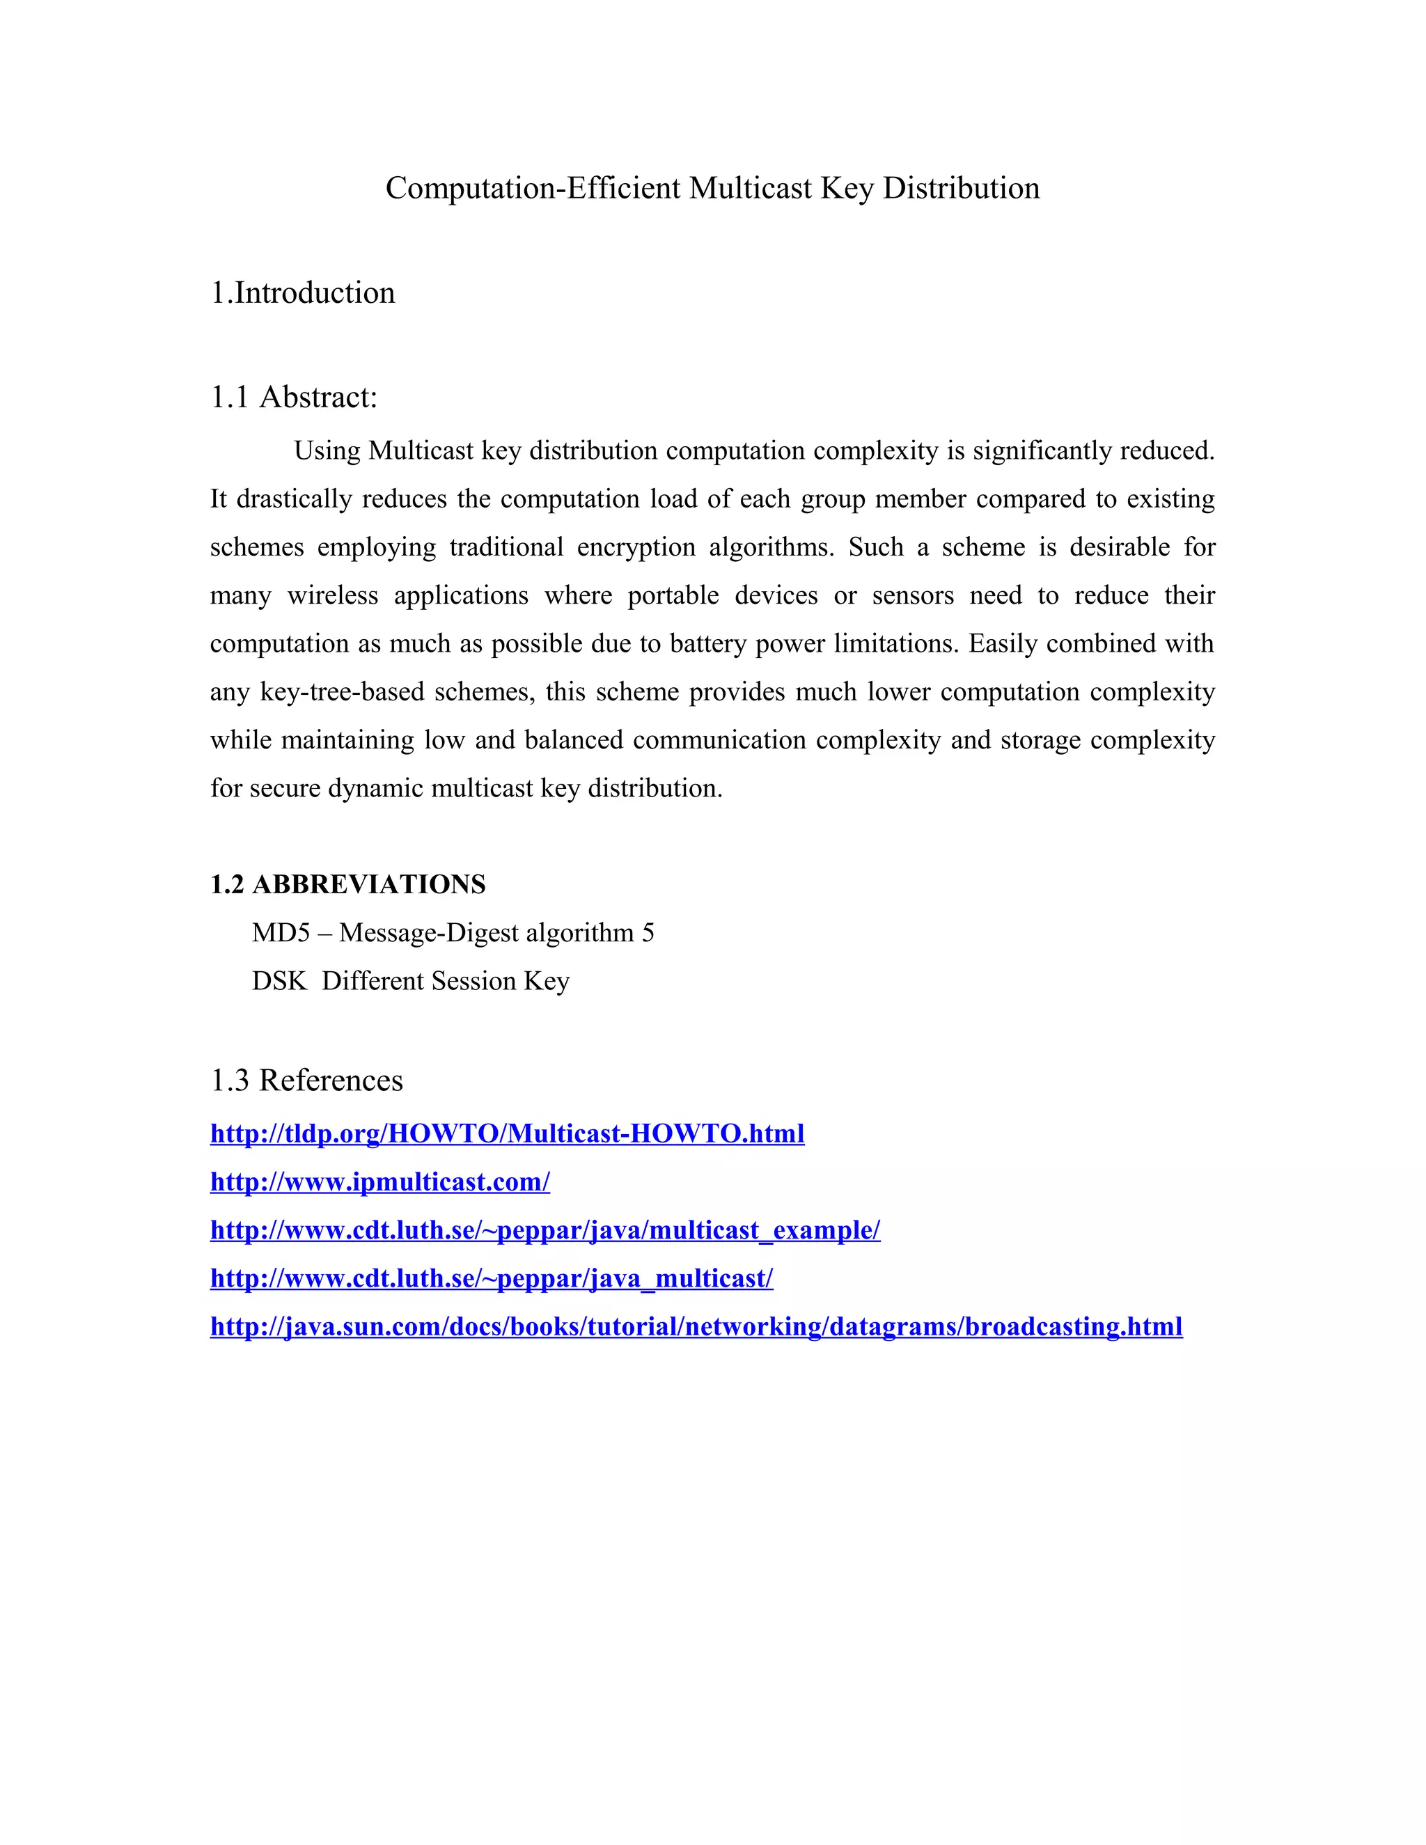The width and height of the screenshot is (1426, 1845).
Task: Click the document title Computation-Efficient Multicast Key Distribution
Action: point(712,187)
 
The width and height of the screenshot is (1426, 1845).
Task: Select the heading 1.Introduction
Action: point(302,292)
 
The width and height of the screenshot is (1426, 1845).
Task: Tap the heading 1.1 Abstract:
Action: point(293,396)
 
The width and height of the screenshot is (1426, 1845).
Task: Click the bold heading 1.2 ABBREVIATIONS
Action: point(347,884)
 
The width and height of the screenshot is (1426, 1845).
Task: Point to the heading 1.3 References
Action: point(306,1080)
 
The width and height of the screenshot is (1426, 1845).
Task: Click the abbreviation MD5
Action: point(281,933)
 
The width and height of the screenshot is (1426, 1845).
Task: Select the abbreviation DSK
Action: point(279,981)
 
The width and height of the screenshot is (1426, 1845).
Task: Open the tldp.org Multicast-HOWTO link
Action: point(507,1133)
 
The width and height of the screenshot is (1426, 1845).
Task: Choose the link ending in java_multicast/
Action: point(492,1278)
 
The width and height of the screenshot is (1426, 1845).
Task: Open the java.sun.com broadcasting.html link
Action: point(696,1326)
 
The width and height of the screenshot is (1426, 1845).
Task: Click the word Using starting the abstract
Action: point(327,450)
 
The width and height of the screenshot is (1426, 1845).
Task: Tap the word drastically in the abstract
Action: point(294,498)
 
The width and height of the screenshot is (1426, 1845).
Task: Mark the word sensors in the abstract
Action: point(912,595)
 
